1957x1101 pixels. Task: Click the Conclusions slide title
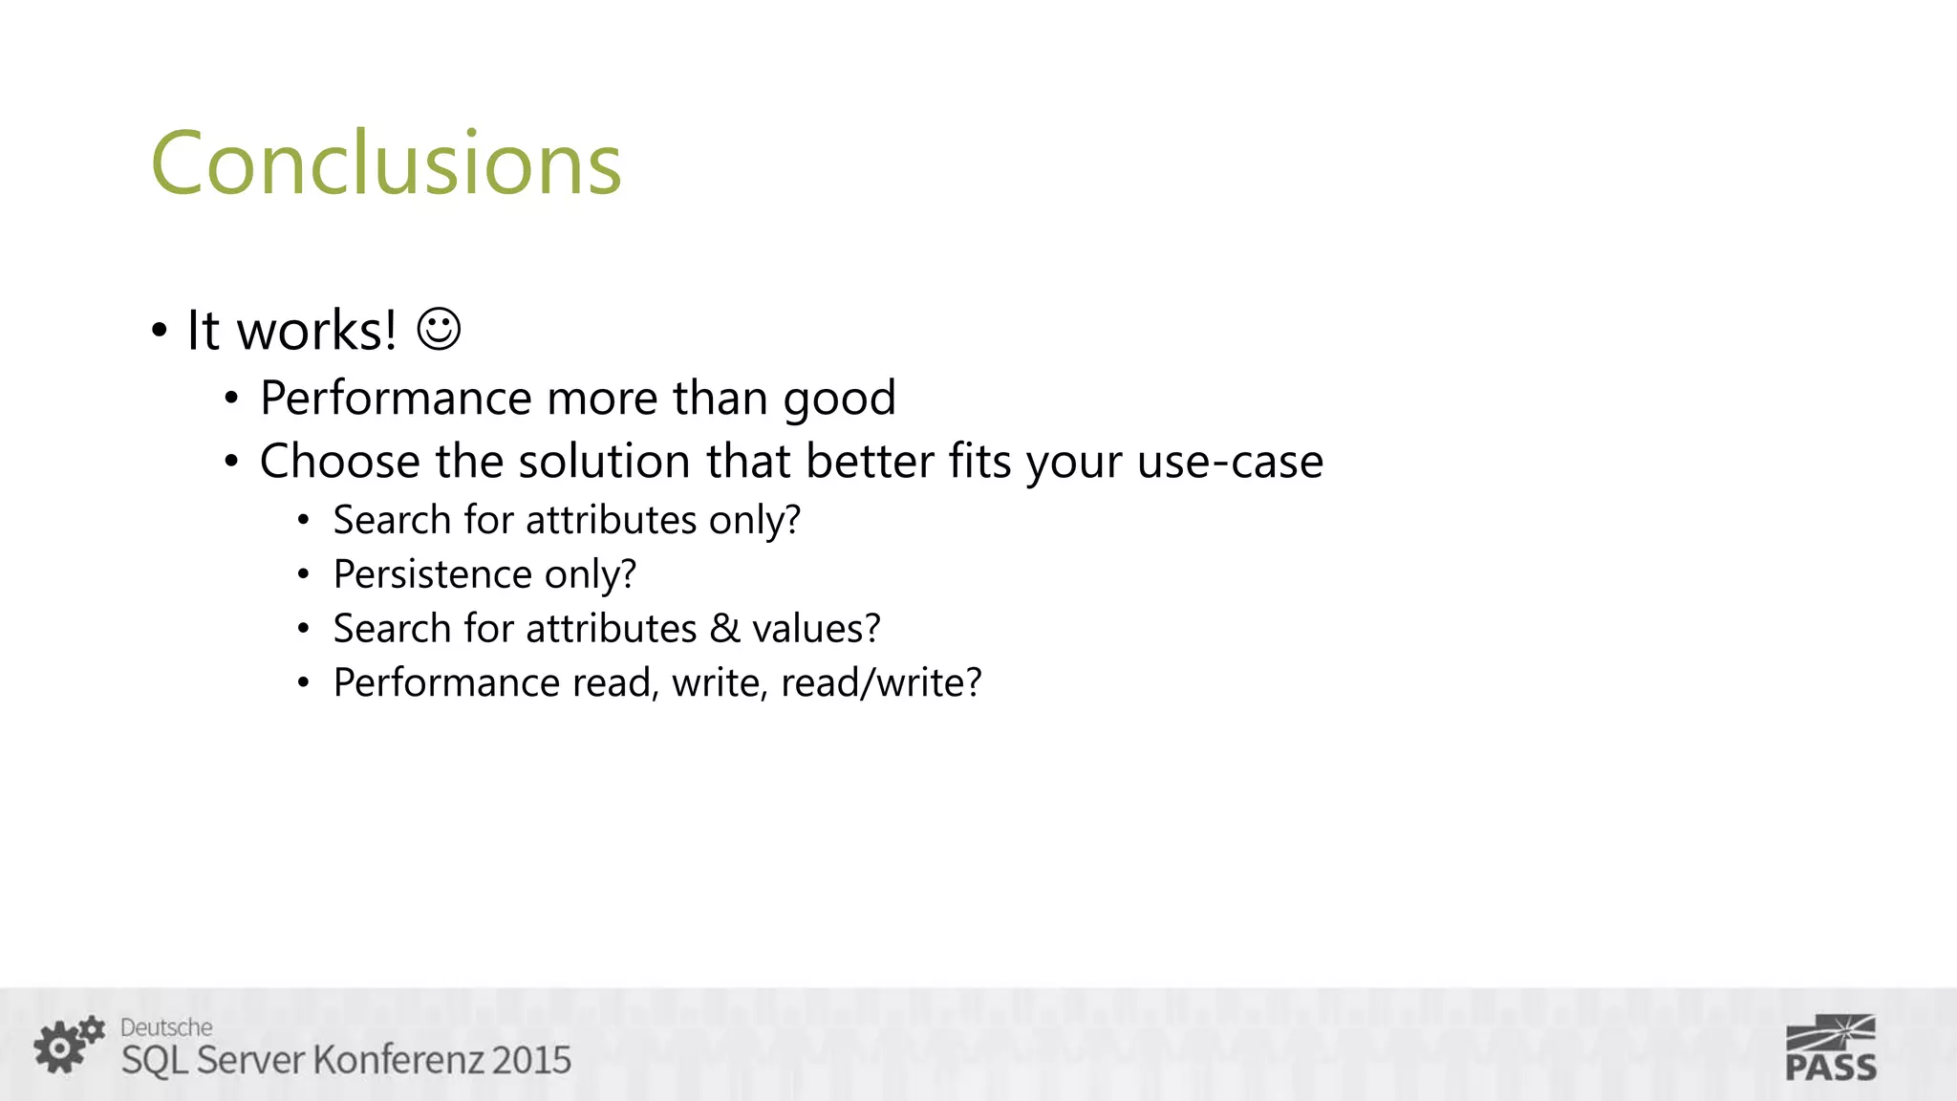click(386, 163)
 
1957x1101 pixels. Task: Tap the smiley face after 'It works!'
click(440, 330)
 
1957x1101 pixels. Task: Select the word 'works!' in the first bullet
click(316, 331)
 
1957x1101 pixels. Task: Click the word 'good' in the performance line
click(839, 399)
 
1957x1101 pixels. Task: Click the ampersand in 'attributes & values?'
click(725, 629)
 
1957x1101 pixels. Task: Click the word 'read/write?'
click(881, 683)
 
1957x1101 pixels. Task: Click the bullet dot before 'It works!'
click(159, 332)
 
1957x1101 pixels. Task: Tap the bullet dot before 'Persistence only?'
click(303, 575)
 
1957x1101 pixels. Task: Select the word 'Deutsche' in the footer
click(166, 1027)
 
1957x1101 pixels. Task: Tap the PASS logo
click(1831, 1048)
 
